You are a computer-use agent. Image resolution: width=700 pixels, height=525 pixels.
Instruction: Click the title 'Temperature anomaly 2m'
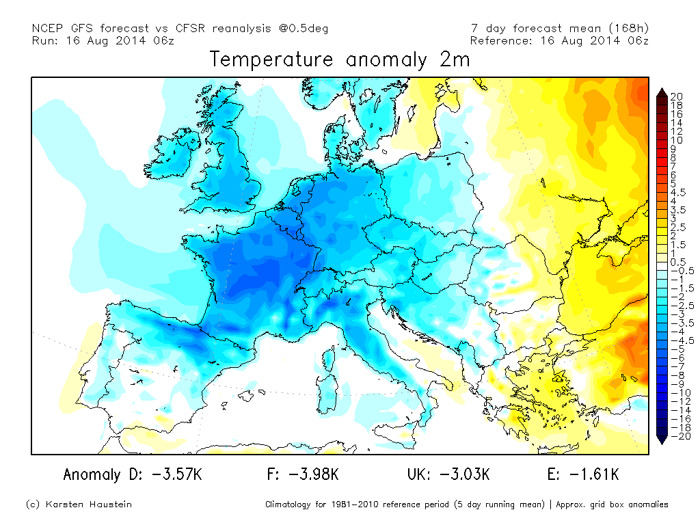[x=340, y=60]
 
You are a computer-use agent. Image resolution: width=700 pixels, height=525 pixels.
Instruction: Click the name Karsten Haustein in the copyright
[x=90, y=504]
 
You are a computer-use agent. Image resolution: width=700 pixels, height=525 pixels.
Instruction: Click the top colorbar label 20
[x=676, y=97]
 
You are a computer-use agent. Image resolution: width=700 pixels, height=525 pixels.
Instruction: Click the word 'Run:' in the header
[x=46, y=40]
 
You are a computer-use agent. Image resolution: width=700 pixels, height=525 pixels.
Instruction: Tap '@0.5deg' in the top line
[x=304, y=28]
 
